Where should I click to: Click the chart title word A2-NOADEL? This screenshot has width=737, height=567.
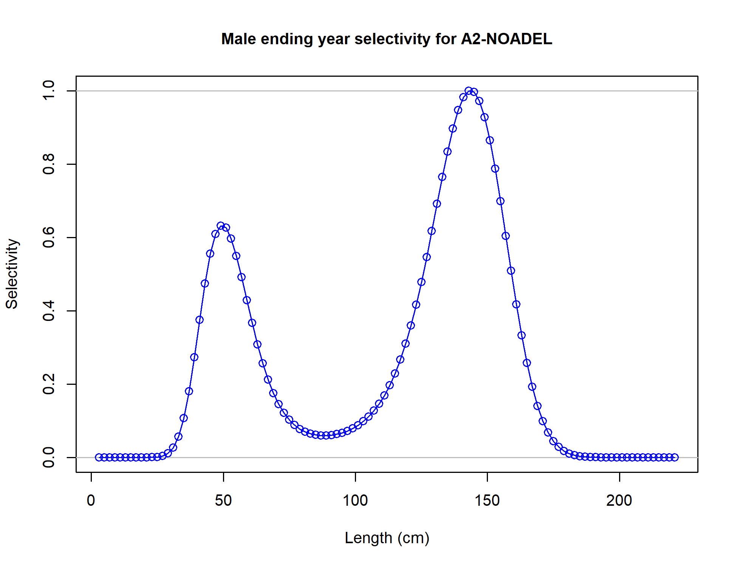(x=506, y=39)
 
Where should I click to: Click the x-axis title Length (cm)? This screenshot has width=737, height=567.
(x=387, y=538)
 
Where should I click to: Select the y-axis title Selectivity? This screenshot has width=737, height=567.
(x=12, y=274)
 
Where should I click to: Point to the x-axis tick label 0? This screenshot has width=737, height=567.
(x=91, y=500)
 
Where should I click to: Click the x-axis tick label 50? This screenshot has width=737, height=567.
(x=223, y=500)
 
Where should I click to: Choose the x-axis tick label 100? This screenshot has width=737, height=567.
(x=355, y=500)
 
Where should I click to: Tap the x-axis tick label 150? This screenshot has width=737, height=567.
(x=487, y=500)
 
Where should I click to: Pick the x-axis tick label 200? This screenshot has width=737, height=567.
(x=619, y=500)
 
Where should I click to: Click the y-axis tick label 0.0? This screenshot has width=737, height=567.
(x=49, y=457)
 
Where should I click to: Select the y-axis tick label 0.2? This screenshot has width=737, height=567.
(x=49, y=384)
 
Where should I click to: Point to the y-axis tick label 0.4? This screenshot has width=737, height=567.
(x=49, y=311)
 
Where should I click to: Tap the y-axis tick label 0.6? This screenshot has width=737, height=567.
(x=49, y=237)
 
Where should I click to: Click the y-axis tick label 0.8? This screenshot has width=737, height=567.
(x=49, y=164)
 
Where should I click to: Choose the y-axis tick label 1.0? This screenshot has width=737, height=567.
(x=49, y=91)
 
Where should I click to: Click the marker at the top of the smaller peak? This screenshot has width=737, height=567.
(x=221, y=226)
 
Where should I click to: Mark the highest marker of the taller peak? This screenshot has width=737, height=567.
(x=469, y=91)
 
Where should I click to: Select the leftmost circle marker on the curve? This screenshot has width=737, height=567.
(x=99, y=457)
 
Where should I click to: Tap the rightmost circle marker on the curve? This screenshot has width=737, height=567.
(x=675, y=457)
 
